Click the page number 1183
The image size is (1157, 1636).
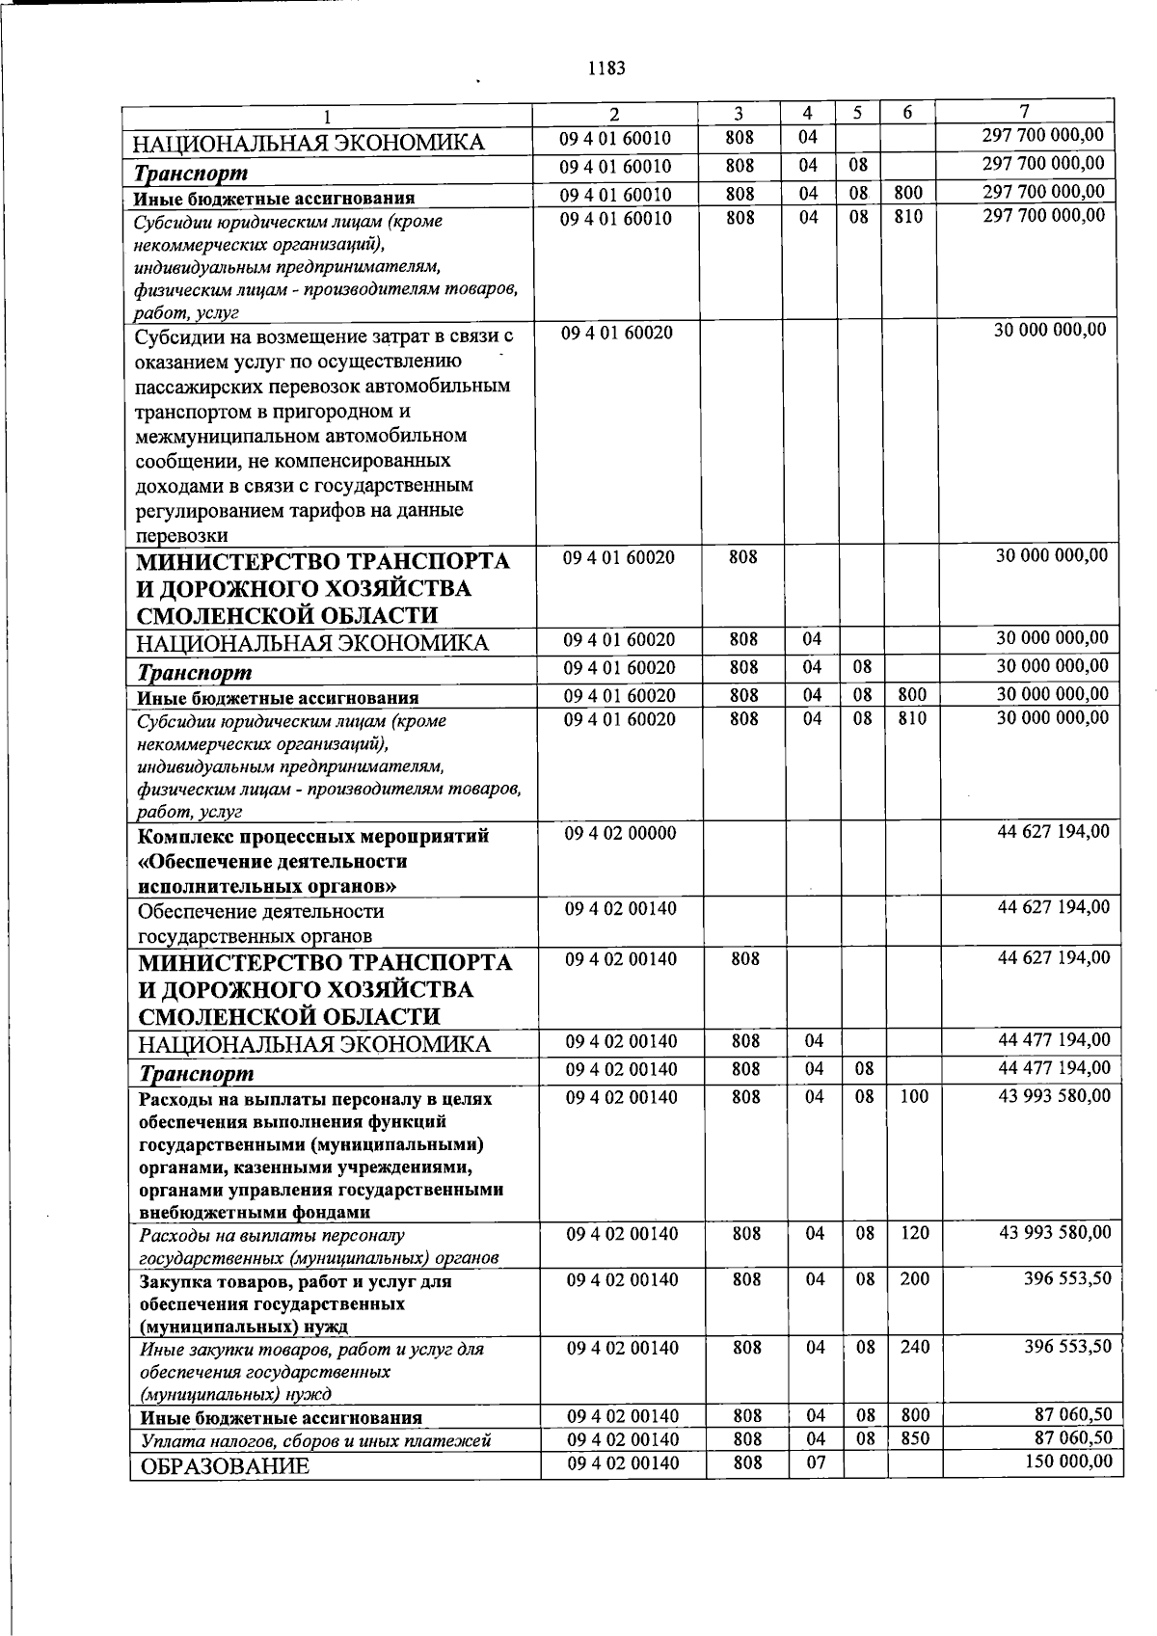click(605, 68)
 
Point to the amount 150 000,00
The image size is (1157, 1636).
click(1066, 1462)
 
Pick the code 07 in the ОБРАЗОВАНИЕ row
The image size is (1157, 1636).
click(815, 1463)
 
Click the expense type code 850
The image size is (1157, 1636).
click(915, 1439)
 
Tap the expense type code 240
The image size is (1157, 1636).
click(915, 1348)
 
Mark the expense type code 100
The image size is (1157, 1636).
click(915, 1097)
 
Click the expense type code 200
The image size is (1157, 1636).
click(915, 1279)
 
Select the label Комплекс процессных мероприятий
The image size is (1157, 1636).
click(313, 836)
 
